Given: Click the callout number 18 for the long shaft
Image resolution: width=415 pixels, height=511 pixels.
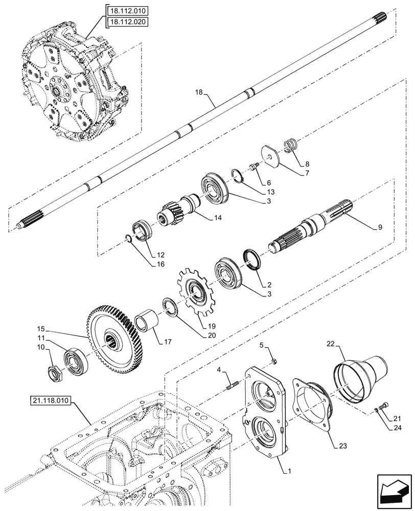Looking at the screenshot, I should click(x=199, y=93).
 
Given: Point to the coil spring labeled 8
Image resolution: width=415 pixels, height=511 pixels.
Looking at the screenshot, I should click(x=290, y=144).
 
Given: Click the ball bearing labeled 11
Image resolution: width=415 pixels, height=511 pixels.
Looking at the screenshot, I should click(x=77, y=358).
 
